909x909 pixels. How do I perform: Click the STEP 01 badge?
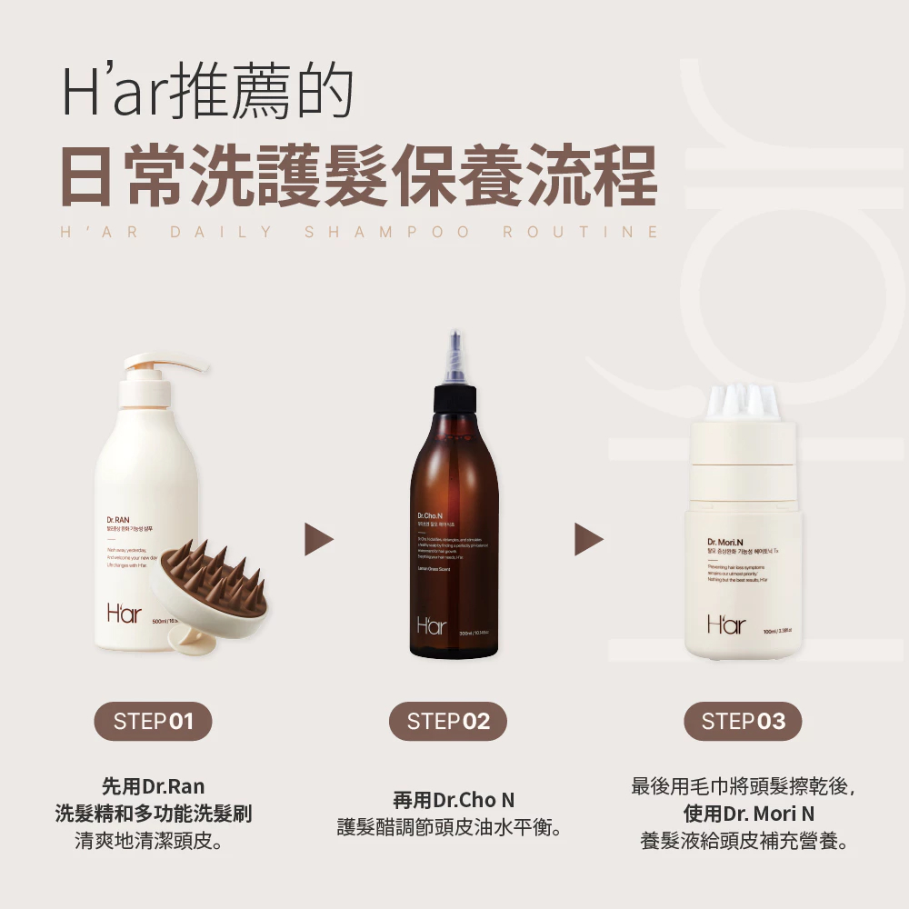(153, 722)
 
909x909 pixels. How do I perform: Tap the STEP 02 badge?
(448, 722)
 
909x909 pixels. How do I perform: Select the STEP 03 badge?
(743, 722)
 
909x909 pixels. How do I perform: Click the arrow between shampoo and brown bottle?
(317, 539)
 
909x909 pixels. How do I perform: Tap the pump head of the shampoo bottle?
(164, 364)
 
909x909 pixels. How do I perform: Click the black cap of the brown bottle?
(454, 398)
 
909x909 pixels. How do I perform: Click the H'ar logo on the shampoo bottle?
(125, 614)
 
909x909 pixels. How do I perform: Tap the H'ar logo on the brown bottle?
(434, 625)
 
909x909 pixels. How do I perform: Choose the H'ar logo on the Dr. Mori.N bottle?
(727, 624)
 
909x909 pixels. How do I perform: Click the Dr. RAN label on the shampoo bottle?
(118, 519)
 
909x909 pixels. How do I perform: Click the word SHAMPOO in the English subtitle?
(387, 232)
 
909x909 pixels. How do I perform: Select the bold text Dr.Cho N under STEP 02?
(474, 801)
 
